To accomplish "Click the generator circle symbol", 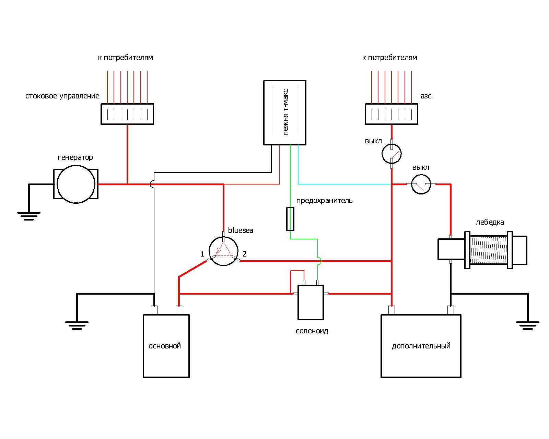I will [76, 184].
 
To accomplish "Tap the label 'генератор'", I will [75, 157].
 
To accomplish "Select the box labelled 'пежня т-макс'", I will [284, 112].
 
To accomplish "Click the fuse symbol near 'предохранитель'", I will [290, 219].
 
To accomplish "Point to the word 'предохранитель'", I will [324, 201].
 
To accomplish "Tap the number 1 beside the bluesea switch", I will [202, 254].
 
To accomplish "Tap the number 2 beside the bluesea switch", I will [245, 254].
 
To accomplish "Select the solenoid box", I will [310, 302].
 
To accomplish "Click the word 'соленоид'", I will [312, 331].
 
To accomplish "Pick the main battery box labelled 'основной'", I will [166, 346].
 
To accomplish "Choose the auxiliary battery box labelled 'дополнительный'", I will [421, 346].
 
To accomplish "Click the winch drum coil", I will [488, 250].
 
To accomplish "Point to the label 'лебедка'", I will [490, 222].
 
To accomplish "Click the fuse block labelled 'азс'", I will [391, 114].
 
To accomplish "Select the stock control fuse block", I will [127, 114].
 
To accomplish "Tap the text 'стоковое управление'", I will [62, 96].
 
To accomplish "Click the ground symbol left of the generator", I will [29, 215].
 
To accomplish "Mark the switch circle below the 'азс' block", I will [392, 153].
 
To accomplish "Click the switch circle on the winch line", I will [421, 184].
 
